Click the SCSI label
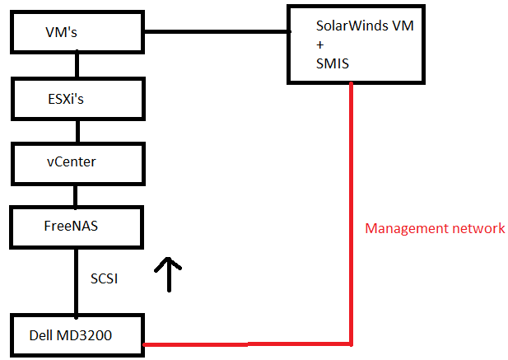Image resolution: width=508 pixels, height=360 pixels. (x=105, y=278)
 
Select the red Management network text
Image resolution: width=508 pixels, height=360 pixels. (x=435, y=228)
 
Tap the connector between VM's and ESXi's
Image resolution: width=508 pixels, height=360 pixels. (x=77, y=65)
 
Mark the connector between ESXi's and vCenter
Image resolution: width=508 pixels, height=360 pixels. (x=77, y=130)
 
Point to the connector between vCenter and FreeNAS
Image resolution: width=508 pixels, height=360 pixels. (x=76, y=194)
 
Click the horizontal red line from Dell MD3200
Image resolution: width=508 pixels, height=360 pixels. (x=247, y=344)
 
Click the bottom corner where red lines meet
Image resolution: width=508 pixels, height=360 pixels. (x=352, y=343)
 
